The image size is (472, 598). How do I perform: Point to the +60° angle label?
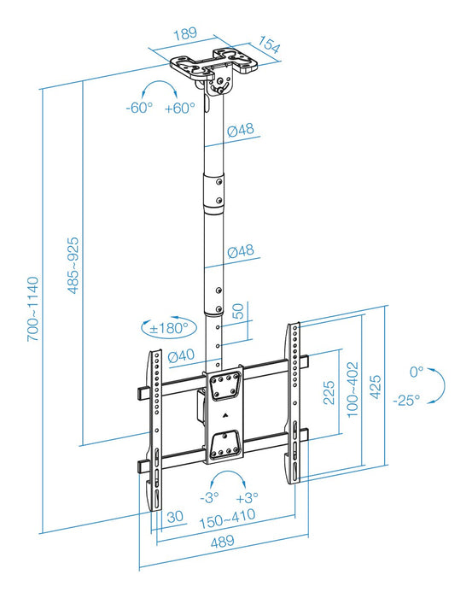(x=180, y=108)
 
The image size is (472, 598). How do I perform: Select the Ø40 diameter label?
(x=183, y=356)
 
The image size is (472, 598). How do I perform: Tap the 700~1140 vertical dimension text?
(x=32, y=308)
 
